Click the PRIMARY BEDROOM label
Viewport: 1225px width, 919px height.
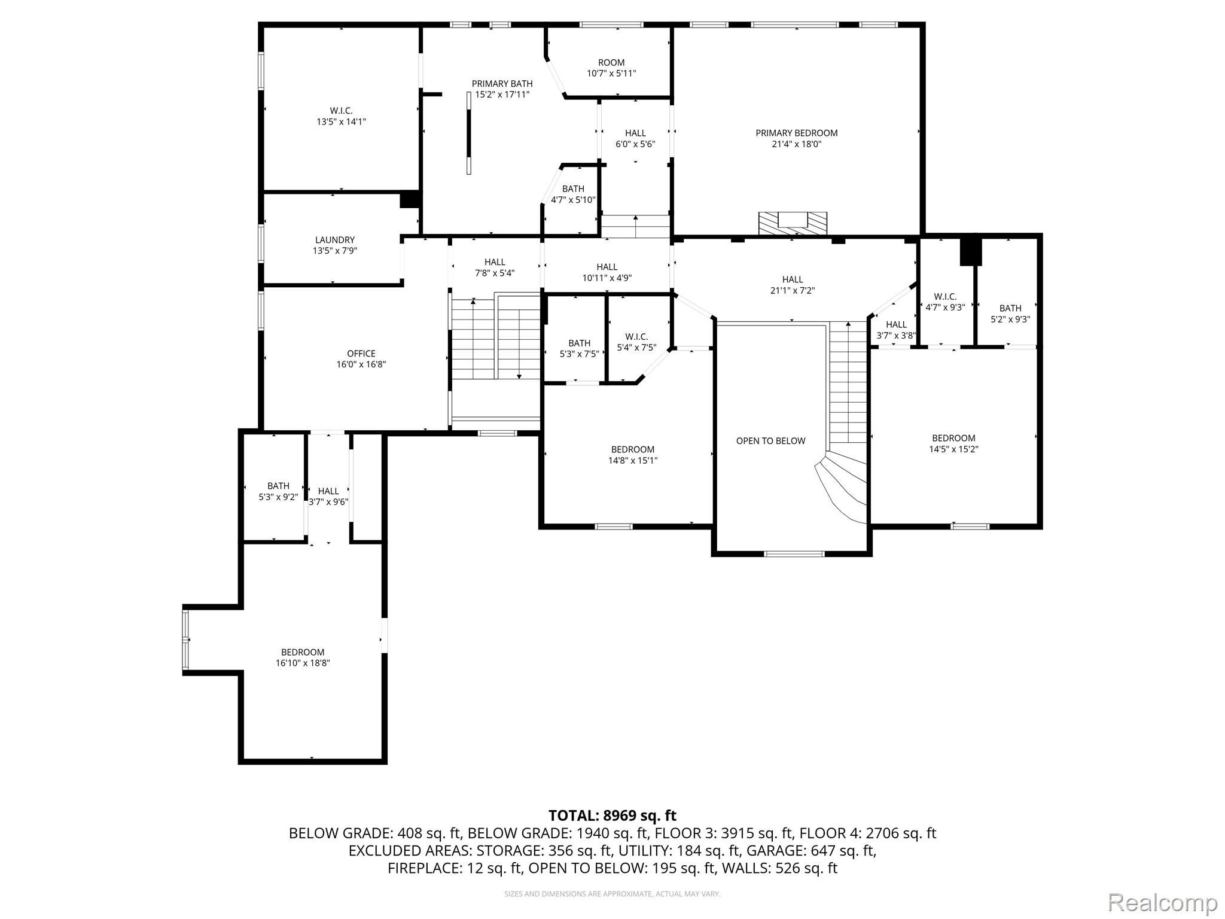[796, 133]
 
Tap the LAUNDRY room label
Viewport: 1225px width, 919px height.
[335, 240]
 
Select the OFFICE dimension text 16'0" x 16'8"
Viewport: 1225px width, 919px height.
[361, 364]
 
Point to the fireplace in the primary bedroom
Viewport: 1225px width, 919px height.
[793, 223]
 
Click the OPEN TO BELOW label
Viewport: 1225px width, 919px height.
[770, 441]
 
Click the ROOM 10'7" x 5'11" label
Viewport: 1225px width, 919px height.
[611, 63]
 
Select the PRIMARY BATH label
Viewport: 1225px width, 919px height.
[502, 84]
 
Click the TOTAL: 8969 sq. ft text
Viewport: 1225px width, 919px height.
[612, 815]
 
